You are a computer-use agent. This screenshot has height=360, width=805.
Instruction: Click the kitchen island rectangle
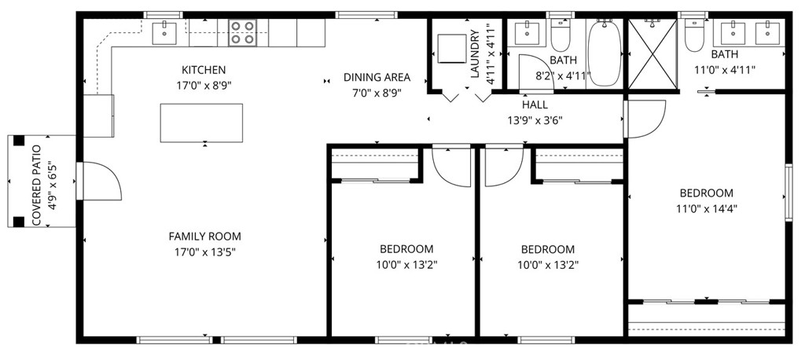[201, 123]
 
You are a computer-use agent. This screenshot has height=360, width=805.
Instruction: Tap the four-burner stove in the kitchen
[242, 32]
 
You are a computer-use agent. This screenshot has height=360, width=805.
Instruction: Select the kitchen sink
[164, 31]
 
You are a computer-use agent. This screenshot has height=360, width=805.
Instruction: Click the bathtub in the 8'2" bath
[605, 53]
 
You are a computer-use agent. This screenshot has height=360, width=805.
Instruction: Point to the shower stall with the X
[652, 54]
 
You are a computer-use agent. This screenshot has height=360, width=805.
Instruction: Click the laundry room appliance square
[452, 49]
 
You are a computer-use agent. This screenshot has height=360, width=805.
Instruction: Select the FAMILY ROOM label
[205, 237]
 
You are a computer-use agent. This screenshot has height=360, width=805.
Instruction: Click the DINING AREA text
[377, 77]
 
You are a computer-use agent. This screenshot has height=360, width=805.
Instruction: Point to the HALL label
[535, 105]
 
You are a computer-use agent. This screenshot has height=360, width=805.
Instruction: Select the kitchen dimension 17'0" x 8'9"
[204, 85]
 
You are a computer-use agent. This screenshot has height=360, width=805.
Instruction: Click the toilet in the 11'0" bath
[694, 35]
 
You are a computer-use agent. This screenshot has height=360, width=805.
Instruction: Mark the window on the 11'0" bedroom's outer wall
[788, 193]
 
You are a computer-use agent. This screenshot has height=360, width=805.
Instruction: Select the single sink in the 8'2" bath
[526, 33]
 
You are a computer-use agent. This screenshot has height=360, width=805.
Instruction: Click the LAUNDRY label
[475, 54]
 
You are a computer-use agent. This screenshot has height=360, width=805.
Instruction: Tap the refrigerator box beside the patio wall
[98, 116]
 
